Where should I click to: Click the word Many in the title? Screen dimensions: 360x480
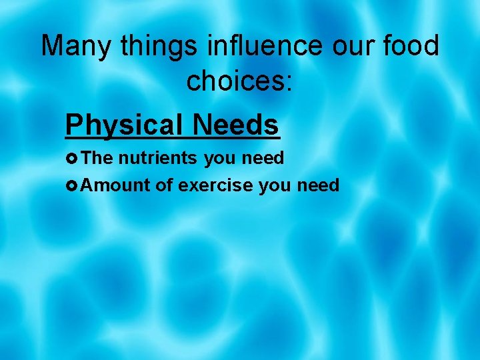[70, 46]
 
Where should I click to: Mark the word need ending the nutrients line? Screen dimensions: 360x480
[263, 158]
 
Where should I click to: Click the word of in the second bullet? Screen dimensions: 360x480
[164, 185]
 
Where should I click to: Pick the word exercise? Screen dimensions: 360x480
[216, 185]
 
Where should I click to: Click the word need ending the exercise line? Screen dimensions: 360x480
[317, 185]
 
